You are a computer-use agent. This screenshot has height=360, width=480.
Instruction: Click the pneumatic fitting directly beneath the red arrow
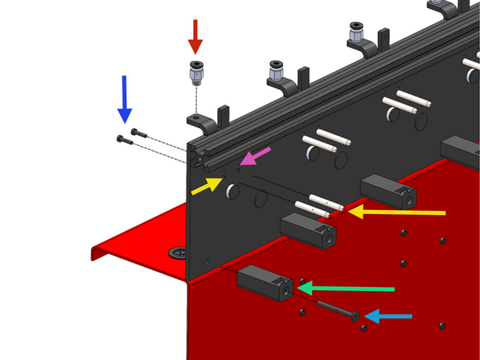pyautogui.click(x=195, y=73)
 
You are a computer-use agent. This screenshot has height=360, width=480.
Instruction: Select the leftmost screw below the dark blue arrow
pyautogui.click(x=123, y=139)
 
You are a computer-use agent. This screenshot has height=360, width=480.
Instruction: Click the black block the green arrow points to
pyautogui.click(x=264, y=282)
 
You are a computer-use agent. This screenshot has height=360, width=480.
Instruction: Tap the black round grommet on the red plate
pyautogui.click(x=176, y=254)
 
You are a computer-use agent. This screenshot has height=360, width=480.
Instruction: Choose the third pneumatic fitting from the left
pyautogui.click(x=354, y=35)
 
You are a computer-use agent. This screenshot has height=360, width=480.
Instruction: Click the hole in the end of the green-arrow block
pyautogui.click(x=286, y=289)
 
